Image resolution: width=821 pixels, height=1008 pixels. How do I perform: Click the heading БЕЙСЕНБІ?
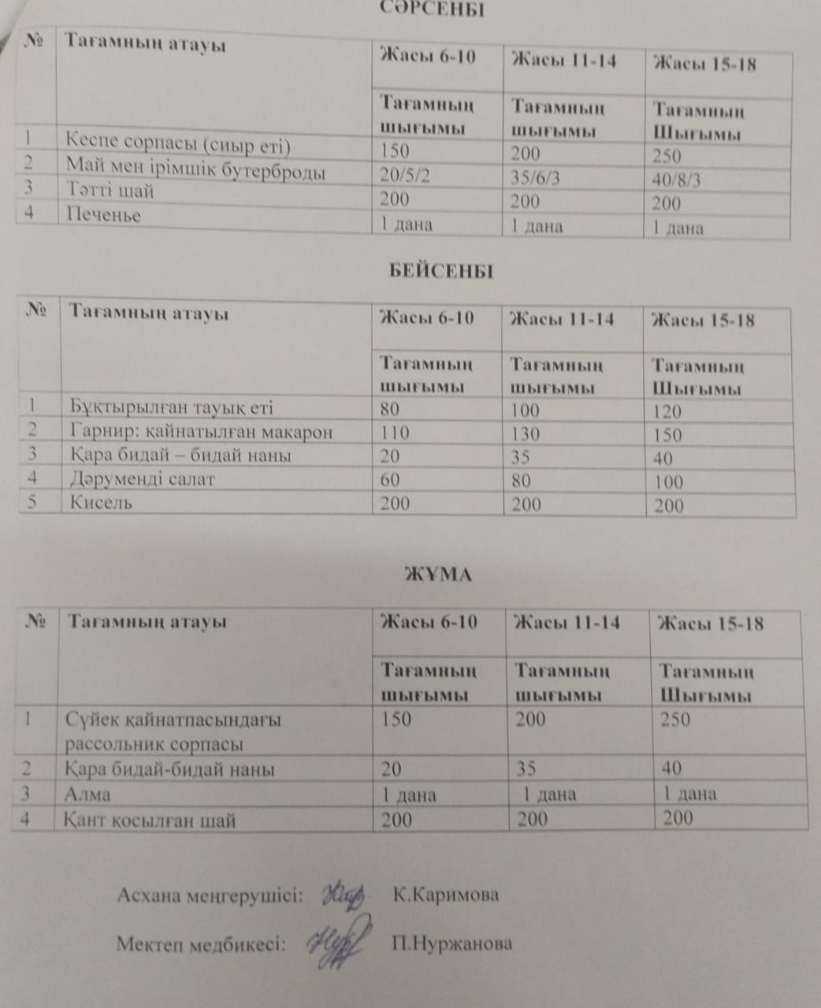tap(440, 272)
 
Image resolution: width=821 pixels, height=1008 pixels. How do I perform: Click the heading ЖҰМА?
tap(437, 575)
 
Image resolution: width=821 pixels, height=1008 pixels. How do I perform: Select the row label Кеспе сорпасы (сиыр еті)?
tap(178, 146)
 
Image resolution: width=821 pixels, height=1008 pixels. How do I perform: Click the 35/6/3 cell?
tap(535, 178)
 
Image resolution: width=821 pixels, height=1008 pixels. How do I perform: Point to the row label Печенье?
tap(103, 215)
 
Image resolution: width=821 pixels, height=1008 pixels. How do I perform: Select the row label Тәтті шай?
tap(110, 191)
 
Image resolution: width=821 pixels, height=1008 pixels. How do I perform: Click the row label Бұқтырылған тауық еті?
tap(171, 408)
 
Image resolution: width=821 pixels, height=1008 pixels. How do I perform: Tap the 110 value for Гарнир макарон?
tap(395, 432)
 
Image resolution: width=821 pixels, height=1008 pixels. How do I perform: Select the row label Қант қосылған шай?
tap(150, 821)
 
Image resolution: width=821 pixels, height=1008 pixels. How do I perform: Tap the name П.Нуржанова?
tap(451, 944)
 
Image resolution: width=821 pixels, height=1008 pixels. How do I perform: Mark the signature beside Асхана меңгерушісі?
tap(344, 894)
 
